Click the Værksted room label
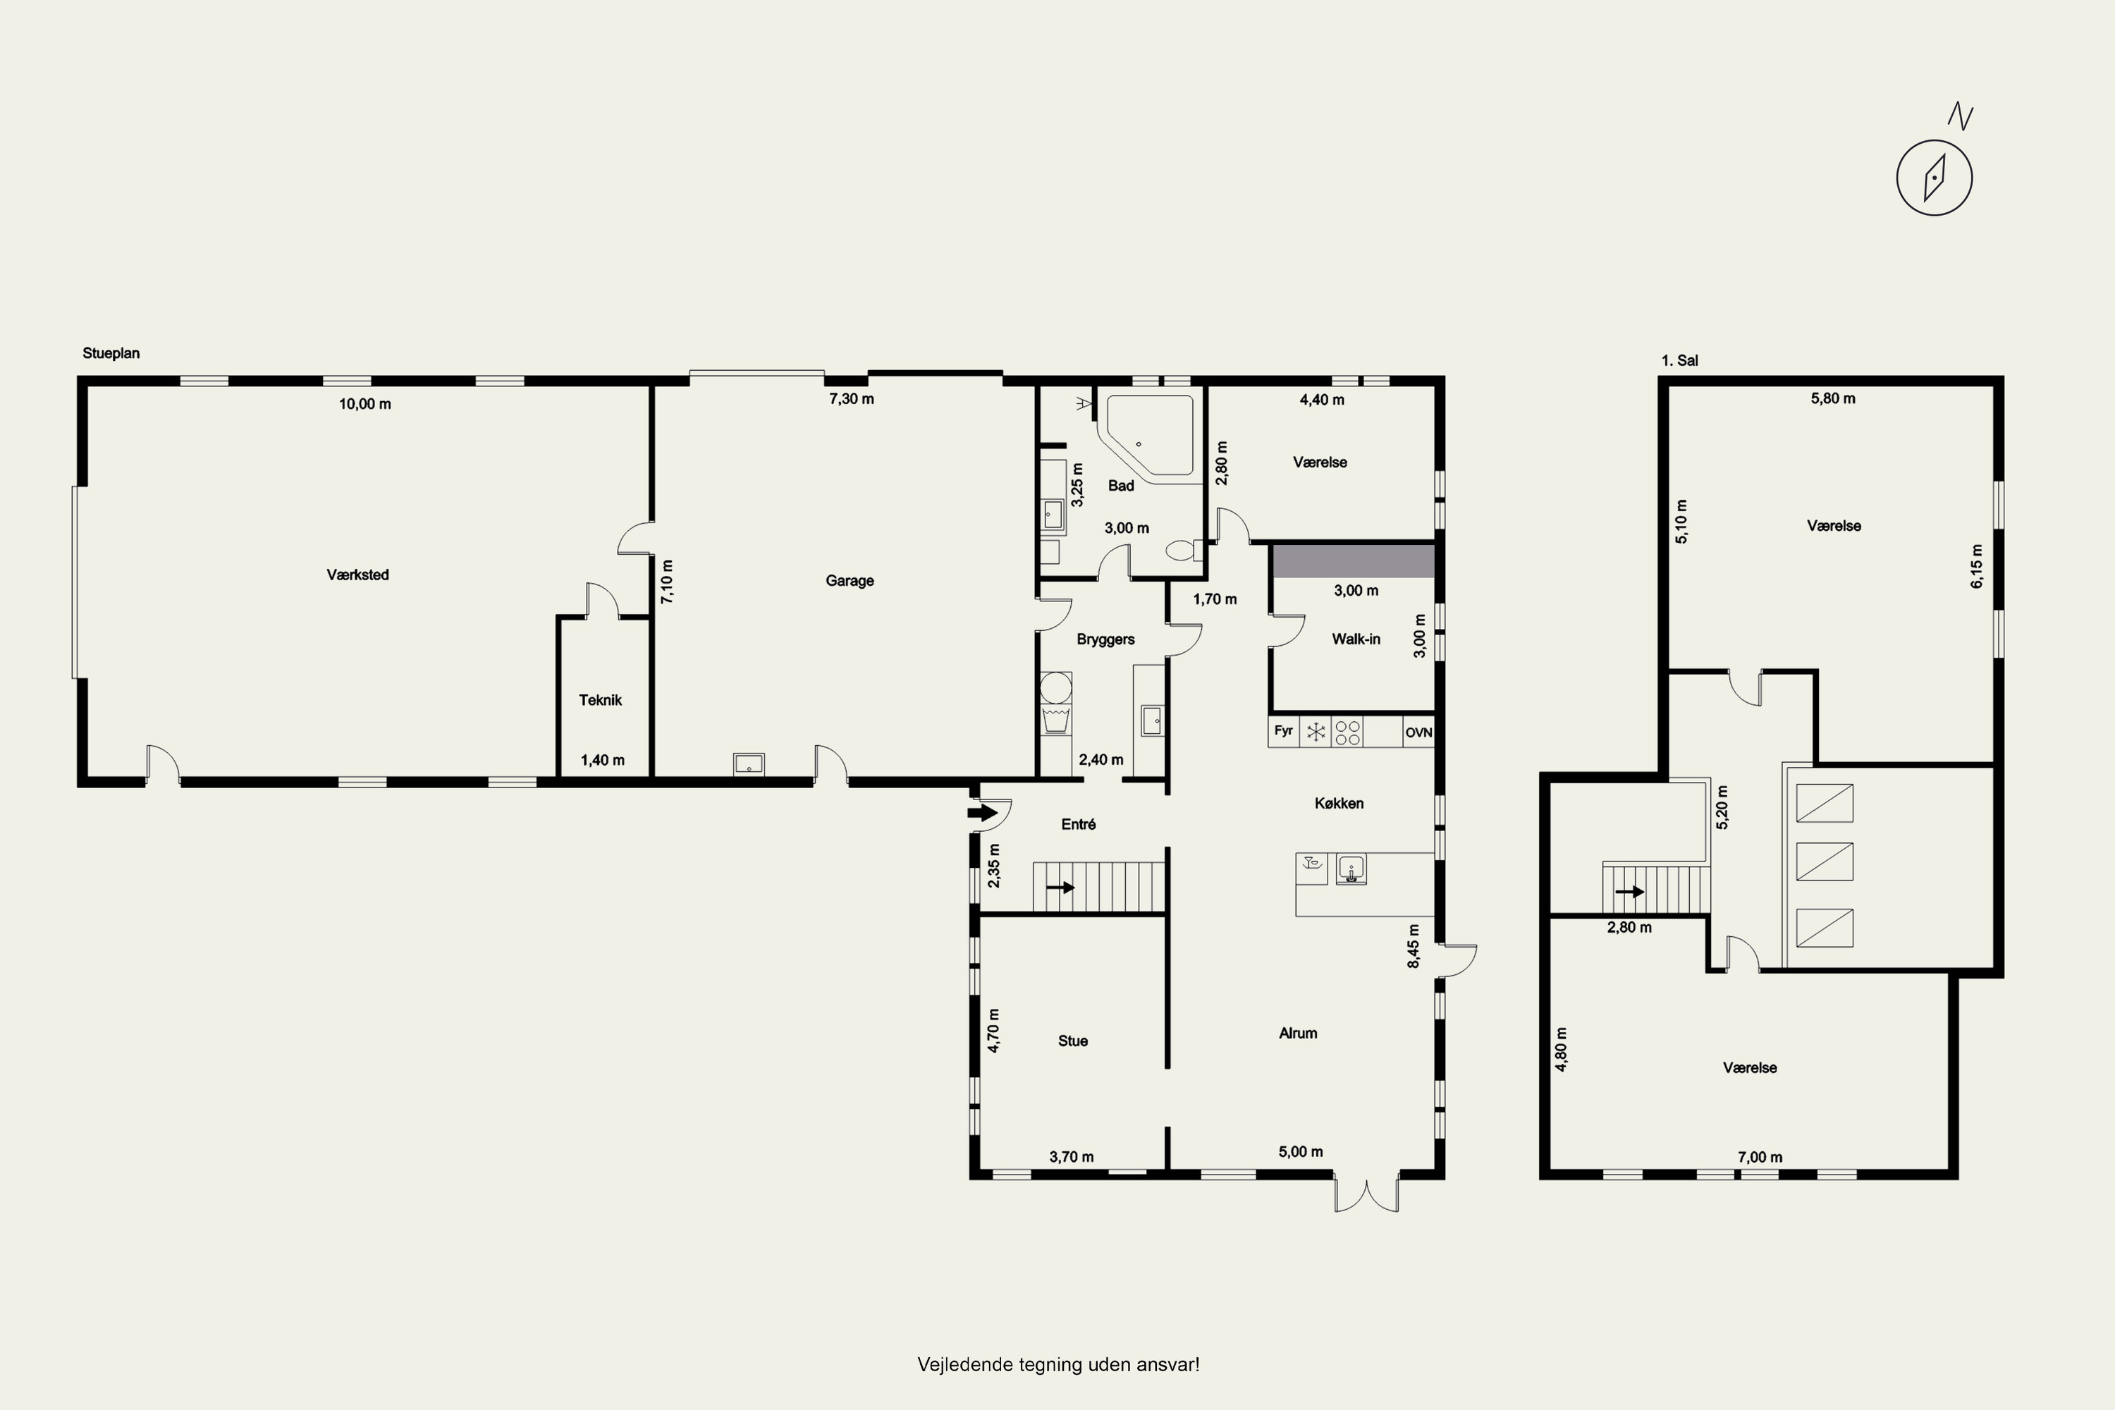pyautogui.click(x=358, y=575)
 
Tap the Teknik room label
pyautogui.click(x=600, y=699)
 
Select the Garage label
pyautogui.click(x=850, y=581)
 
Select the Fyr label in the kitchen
pyautogui.click(x=1283, y=730)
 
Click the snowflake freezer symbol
pyautogui.click(x=1316, y=732)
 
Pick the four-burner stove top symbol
pyautogui.click(x=1347, y=732)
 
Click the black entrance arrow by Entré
pyautogui.click(x=983, y=813)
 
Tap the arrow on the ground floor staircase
pyautogui.click(x=1061, y=888)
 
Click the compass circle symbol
pyautogui.click(x=1935, y=177)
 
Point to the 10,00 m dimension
pyautogui.click(x=365, y=405)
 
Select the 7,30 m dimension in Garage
pyautogui.click(x=852, y=399)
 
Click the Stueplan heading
pyautogui.click(x=111, y=353)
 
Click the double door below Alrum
pyautogui.click(x=1367, y=1194)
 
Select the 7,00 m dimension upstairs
pyautogui.click(x=1760, y=1158)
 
